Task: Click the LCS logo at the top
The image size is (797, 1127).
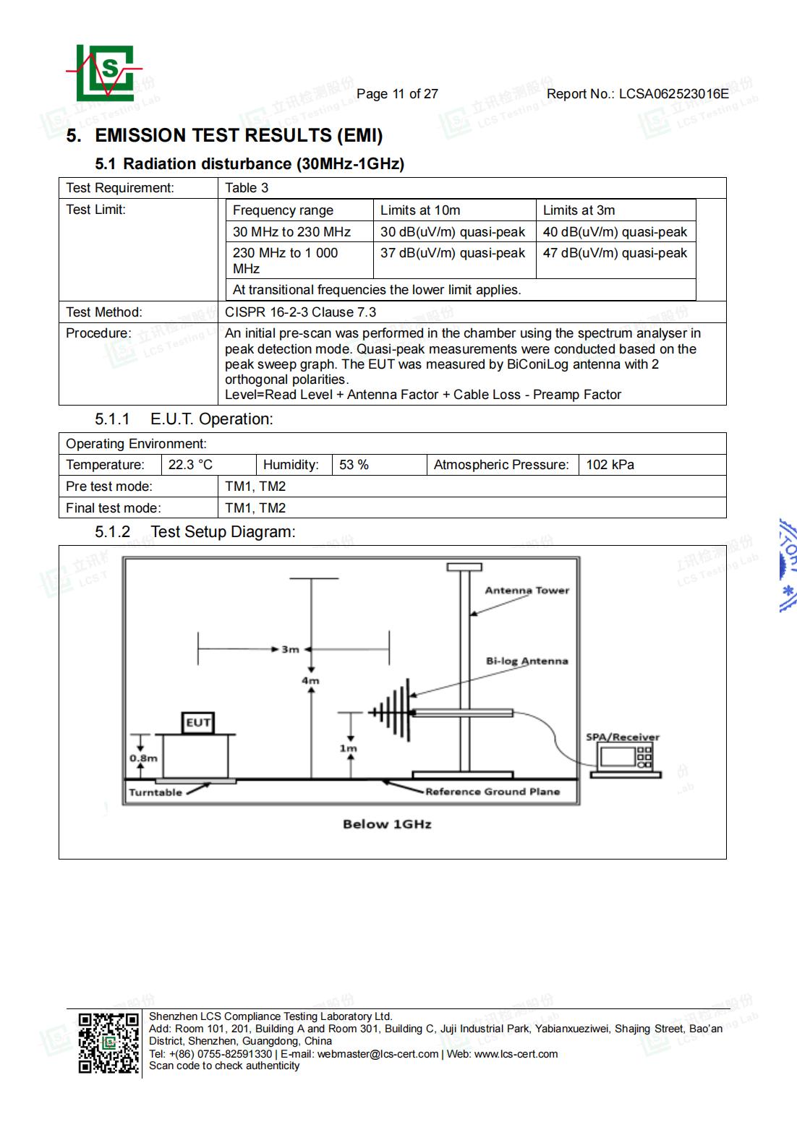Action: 105,73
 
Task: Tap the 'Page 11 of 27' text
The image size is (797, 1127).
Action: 397,94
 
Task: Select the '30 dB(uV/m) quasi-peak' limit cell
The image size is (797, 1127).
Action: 453,232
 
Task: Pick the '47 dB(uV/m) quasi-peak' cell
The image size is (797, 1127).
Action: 615,253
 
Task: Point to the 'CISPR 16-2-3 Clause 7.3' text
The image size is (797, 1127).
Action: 300,312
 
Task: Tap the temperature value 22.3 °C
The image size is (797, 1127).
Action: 190,465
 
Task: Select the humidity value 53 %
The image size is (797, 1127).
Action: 354,465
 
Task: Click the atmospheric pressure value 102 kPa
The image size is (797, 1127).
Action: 610,465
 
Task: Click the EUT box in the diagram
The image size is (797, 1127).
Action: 198,722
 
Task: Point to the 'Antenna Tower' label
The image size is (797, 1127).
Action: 527,591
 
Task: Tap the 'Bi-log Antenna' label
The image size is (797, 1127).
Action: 527,661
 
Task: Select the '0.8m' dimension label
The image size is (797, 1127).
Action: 143,758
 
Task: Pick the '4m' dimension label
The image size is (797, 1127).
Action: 310,680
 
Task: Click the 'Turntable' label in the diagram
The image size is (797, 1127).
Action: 155,792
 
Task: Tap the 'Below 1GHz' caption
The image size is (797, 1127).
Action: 387,824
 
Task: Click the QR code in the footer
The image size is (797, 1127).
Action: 108,1042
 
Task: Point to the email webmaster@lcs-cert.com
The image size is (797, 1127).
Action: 378,1054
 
